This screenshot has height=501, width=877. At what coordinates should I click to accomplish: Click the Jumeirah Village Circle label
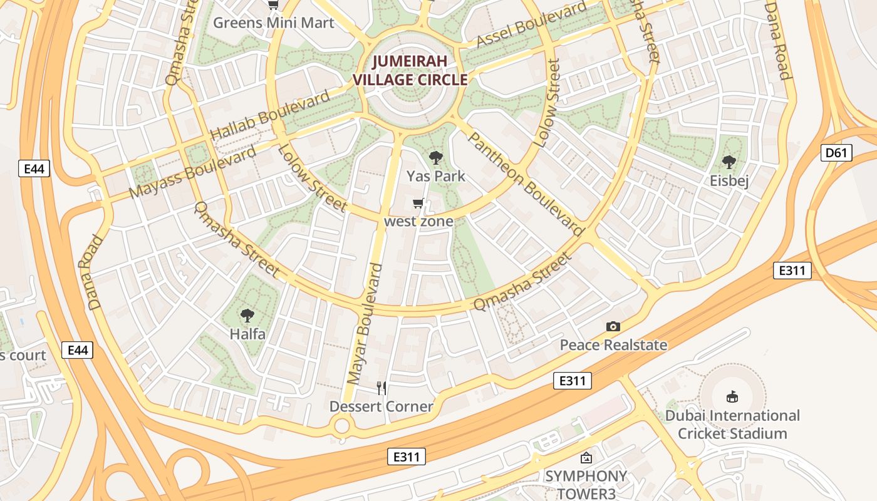(x=410, y=70)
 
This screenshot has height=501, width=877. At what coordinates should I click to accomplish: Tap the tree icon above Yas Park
(x=435, y=158)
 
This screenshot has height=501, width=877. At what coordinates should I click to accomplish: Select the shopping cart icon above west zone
(x=418, y=203)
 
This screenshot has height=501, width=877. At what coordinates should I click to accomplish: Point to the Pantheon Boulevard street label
(x=522, y=183)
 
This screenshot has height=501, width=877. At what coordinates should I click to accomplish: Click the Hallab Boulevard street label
(x=269, y=116)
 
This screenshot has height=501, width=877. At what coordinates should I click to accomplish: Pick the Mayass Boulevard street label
(x=193, y=172)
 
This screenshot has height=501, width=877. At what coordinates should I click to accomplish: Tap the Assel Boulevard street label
(x=532, y=24)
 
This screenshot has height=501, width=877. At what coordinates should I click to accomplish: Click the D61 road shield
(x=836, y=153)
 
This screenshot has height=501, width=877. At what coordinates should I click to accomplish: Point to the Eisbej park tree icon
(x=729, y=163)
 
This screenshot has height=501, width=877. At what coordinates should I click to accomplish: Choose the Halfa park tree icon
(x=247, y=316)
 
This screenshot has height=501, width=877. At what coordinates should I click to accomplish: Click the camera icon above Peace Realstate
(x=613, y=326)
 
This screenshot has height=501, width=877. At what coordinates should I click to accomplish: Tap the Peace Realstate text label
(x=613, y=345)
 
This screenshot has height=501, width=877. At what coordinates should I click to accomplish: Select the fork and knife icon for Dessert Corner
(x=381, y=388)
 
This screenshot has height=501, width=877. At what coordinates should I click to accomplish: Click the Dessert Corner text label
(x=381, y=406)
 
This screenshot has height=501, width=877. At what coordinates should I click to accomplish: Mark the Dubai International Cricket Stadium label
(x=732, y=425)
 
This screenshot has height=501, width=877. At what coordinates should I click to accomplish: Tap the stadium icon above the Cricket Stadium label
(x=732, y=396)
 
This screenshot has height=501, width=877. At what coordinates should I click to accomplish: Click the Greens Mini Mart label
(x=274, y=23)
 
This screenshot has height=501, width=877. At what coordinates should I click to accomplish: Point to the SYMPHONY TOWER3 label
(x=586, y=485)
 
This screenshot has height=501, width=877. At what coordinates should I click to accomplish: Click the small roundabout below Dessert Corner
(x=341, y=426)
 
